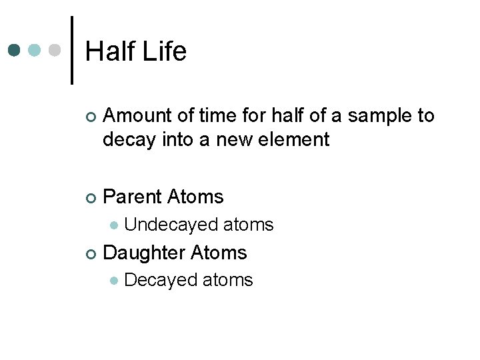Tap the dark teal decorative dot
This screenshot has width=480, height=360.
14,51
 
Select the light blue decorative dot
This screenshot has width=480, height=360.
35,51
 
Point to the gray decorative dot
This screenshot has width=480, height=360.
55,51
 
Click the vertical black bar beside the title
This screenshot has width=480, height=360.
72,51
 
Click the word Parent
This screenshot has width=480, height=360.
132,197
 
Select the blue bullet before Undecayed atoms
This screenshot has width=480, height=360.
114,225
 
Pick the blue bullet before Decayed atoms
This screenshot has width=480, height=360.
114,281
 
